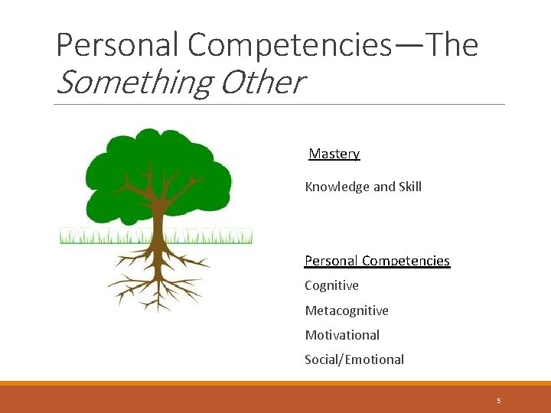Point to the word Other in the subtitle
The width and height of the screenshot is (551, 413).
(x=262, y=83)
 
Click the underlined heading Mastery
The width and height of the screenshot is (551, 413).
(x=334, y=154)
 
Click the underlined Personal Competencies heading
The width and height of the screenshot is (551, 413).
(x=377, y=261)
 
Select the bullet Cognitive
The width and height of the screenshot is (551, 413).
(x=331, y=285)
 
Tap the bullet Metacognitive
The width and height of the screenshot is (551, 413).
(x=347, y=311)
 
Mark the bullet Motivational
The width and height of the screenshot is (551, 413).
(x=342, y=335)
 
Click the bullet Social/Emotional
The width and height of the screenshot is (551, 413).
(x=354, y=359)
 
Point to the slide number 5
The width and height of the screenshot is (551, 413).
(x=498, y=400)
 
